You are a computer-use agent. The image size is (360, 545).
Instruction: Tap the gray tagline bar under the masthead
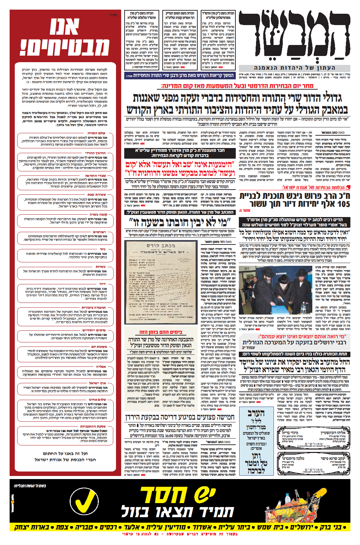[294, 68]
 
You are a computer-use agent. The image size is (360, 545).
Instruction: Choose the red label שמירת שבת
[97, 195]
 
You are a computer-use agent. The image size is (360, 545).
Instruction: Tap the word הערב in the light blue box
[256, 413]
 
